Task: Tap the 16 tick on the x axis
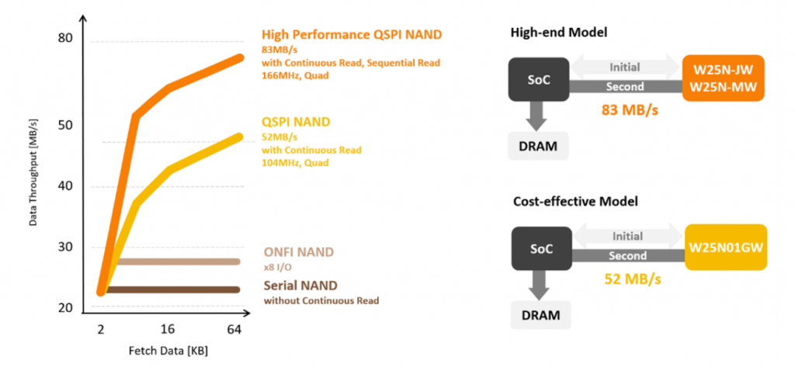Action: point(168,330)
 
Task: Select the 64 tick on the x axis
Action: point(234,330)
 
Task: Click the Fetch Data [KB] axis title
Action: point(168,351)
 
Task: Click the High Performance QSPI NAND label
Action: point(352,34)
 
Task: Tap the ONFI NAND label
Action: point(298,252)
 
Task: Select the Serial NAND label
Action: point(300,286)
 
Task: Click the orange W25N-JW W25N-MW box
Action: point(724,77)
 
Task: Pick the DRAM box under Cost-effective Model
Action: point(540,314)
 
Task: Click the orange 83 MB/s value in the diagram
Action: point(630,110)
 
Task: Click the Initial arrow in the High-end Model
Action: point(625,68)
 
